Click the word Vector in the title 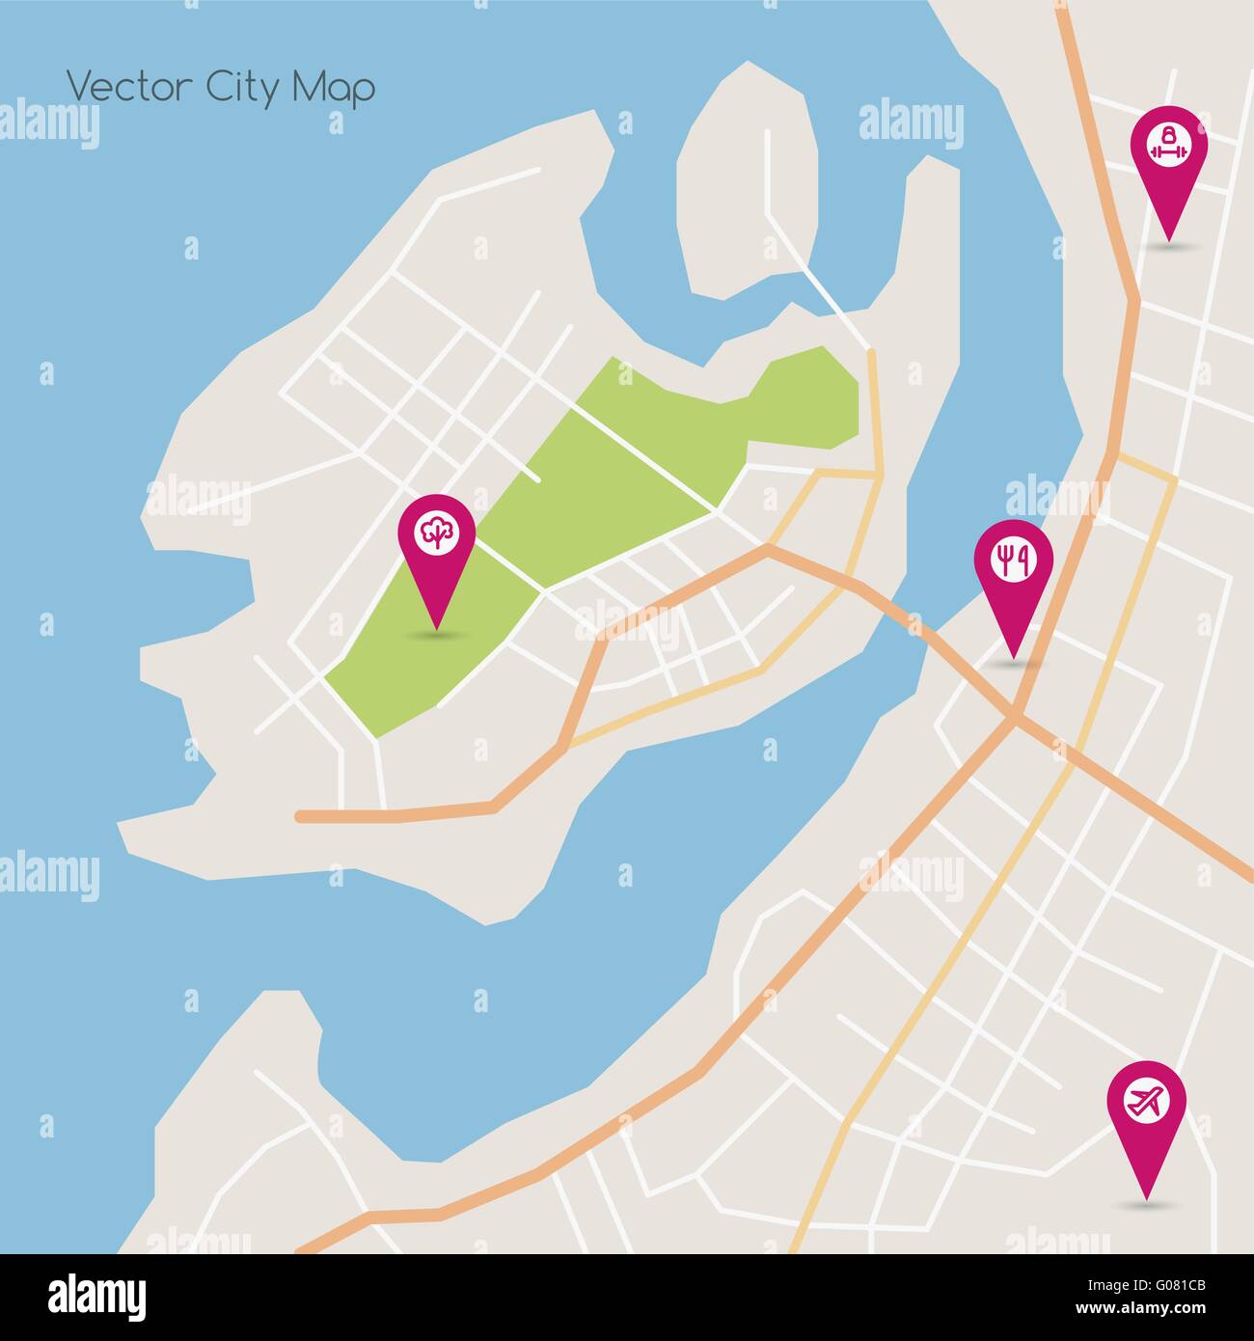coord(129,87)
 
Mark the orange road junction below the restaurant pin coord(1015,718)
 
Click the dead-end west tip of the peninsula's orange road coord(300,816)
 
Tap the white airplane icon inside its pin coord(1146,1100)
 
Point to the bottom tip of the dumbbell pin coord(1168,238)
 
